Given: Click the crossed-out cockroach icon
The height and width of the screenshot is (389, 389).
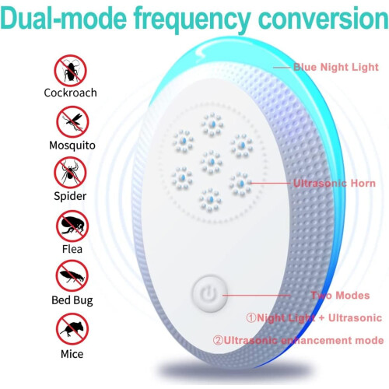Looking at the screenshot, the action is [x=70, y=71].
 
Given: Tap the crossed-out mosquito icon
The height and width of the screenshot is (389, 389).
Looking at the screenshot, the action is [x=72, y=121].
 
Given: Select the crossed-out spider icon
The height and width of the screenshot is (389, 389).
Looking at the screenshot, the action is [x=70, y=173].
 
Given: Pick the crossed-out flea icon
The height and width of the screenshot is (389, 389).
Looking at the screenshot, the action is [x=72, y=226].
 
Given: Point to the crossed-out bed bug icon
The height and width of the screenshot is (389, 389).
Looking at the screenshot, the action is [x=72, y=276].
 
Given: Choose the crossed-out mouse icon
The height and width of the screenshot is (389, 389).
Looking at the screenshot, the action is [x=72, y=329].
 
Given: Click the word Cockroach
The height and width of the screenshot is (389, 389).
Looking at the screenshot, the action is [x=70, y=93].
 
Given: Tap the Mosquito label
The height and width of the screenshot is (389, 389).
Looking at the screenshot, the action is [x=72, y=145].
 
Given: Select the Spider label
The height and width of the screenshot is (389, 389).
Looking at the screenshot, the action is [x=70, y=196].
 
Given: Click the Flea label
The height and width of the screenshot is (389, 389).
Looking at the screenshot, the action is [x=72, y=249].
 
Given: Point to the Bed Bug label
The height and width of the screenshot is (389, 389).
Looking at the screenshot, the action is [x=72, y=300].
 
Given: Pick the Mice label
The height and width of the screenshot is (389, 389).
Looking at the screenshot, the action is [x=72, y=354].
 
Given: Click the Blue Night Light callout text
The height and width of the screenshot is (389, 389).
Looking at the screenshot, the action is [x=336, y=67].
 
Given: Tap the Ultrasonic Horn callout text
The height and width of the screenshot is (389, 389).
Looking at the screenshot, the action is [x=335, y=184].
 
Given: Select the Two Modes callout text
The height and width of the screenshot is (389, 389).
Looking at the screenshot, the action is [x=340, y=296].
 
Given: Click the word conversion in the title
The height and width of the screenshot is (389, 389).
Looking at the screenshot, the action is [x=323, y=19].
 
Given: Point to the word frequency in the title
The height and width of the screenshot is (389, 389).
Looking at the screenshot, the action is [x=192, y=20].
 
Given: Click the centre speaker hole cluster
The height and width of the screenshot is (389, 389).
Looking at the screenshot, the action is [x=212, y=162].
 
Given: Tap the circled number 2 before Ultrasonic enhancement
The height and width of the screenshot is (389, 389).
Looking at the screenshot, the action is [x=218, y=340].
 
